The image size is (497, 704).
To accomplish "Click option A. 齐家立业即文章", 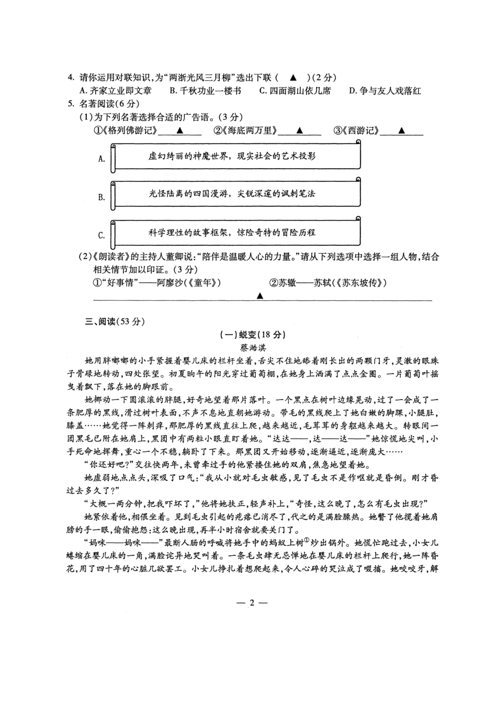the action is (x=116, y=91).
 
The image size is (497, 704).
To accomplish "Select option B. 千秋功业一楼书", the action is (x=206, y=91).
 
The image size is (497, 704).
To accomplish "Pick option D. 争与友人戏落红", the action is (x=385, y=91).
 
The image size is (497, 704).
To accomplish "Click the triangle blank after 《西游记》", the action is (x=401, y=131).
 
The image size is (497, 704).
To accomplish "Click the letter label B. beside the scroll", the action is (x=101, y=197).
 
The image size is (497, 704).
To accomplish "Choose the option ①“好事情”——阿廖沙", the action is (x=156, y=283).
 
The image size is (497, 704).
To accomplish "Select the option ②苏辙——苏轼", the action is (x=327, y=283).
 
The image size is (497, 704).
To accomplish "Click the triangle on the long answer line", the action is (x=259, y=296).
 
